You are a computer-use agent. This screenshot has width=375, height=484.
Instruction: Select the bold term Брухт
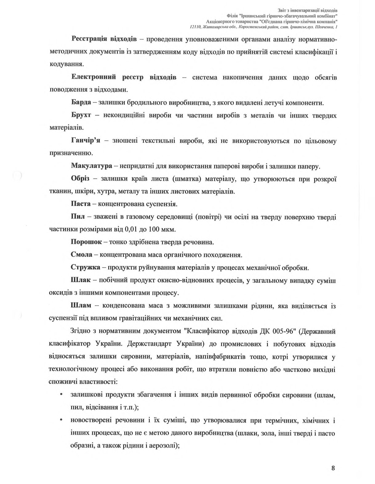pyautogui.click(x=81, y=115)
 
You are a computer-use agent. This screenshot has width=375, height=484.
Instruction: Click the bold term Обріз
pyautogui.click(x=80, y=179)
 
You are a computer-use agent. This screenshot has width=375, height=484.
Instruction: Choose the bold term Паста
pyautogui.click(x=81, y=204)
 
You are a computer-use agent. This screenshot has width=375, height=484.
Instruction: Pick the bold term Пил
pyautogui.click(x=76, y=217)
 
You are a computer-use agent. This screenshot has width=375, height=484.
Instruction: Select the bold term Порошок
pyautogui.click(x=86, y=242)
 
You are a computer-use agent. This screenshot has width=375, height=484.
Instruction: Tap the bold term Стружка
pyautogui.click(x=86, y=267)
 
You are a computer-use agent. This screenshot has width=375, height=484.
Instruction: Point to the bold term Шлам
pyautogui.click(x=81, y=305)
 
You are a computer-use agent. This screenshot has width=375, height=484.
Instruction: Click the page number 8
pyautogui.click(x=333, y=468)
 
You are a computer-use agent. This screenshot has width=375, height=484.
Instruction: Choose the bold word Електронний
pyautogui.click(x=94, y=77)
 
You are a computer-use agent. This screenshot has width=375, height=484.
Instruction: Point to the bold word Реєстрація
pyautogui.click(x=89, y=39)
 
